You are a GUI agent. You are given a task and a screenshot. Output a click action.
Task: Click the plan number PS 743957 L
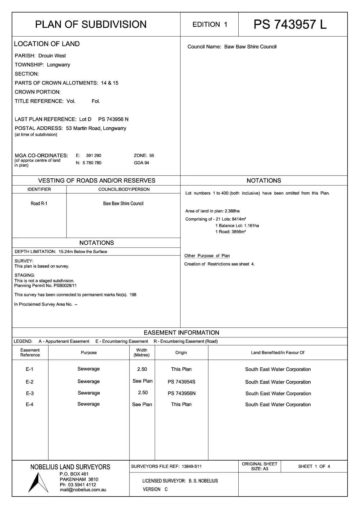[x=290, y=24]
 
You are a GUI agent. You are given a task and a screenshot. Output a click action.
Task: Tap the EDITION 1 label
[x=210, y=25]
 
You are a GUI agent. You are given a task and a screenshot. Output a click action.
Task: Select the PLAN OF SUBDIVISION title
[x=91, y=24]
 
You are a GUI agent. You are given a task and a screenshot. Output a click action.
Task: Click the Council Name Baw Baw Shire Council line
[x=232, y=47]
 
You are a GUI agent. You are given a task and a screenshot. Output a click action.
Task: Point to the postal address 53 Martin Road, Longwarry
[x=96, y=128]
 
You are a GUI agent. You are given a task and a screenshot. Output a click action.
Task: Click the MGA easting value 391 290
[x=93, y=156]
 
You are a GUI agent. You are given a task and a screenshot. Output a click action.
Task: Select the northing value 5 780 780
[x=92, y=163]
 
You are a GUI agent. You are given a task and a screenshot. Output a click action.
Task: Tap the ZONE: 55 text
[x=144, y=156]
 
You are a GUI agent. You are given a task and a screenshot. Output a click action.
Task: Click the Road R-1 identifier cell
[x=39, y=203]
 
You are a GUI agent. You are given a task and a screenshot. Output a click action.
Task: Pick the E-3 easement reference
[x=30, y=394]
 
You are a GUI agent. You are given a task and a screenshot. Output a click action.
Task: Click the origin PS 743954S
[x=181, y=382]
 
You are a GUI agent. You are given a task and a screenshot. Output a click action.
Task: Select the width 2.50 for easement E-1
[x=142, y=369]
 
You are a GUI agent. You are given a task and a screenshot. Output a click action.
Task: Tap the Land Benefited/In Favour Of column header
[x=278, y=353]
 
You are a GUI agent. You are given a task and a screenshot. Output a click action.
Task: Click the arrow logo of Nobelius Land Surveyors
[x=38, y=482]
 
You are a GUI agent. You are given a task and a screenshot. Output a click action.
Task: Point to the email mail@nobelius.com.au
[x=83, y=490]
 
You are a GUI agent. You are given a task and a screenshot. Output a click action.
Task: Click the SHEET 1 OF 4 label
[x=314, y=466]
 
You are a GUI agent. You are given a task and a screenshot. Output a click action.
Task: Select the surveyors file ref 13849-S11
[x=191, y=466]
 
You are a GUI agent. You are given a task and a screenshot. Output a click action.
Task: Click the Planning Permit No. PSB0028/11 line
[x=46, y=286]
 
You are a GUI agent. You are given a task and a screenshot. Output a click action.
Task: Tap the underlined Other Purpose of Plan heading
[x=207, y=256]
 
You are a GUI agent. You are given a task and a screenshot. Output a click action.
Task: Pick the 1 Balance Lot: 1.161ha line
[x=237, y=225]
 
